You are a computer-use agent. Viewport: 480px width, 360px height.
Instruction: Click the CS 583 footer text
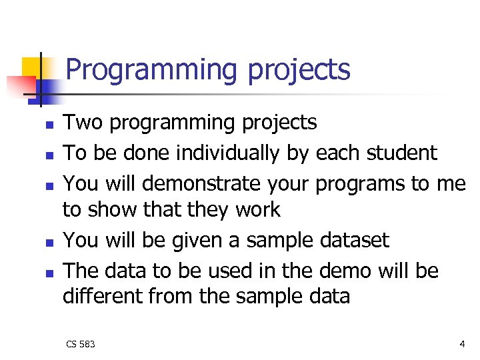click(80, 344)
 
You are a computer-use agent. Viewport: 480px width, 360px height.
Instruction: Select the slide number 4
click(462, 344)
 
